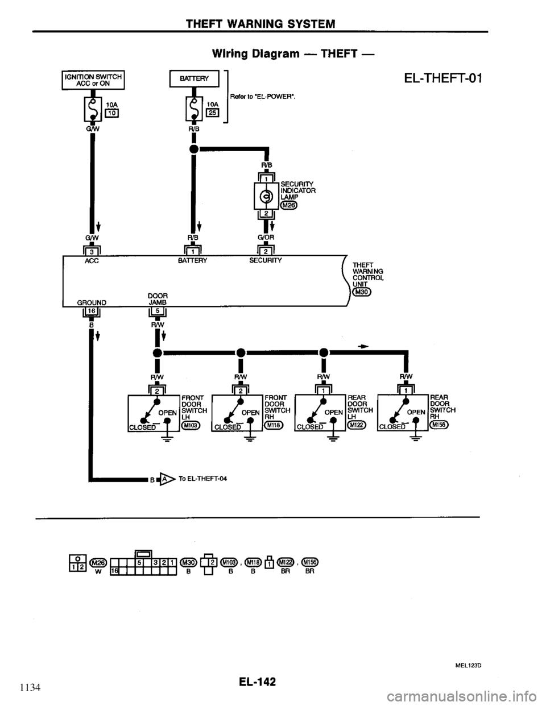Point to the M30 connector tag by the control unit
pyautogui.click(x=361, y=292)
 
